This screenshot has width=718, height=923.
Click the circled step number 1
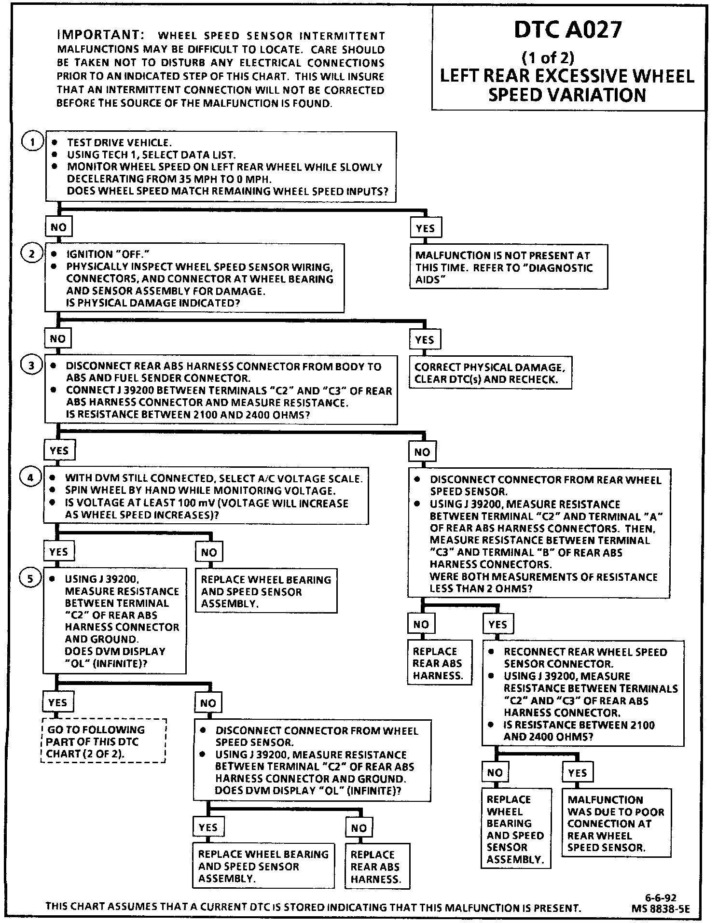(x=32, y=142)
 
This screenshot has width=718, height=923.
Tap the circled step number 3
(x=31, y=365)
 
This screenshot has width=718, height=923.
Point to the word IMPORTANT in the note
(x=100, y=35)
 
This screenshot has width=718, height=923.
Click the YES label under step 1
(x=425, y=228)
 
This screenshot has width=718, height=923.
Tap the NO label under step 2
(x=57, y=339)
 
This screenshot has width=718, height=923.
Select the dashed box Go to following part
(x=103, y=741)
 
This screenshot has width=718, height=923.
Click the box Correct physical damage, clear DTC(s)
(x=490, y=373)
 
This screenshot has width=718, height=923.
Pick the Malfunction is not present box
(x=508, y=267)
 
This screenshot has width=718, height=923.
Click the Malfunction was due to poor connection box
(x=616, y=823)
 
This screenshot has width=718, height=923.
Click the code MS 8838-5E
(x=661, y=909)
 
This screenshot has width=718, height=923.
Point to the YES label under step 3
(x=59, y=451)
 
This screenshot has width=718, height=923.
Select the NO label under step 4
(x=208, y=552)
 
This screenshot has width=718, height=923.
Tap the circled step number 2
(x=32, y=254)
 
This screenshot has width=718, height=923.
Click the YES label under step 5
(x=58, y=703)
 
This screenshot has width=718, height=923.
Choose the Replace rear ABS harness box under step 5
(x=376, y=867)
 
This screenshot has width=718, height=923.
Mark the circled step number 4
(x=30, y=478)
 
